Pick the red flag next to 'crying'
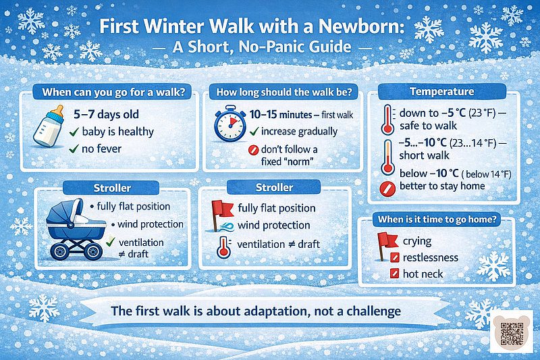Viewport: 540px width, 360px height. click(x=388, y=241)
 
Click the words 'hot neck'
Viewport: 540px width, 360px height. click(x=423, y=274)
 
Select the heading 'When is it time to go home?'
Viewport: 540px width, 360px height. click(x=438, y=219)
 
